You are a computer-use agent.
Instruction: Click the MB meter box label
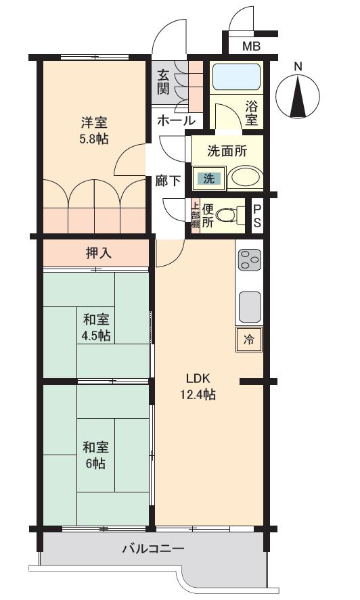click(x=251, y=47)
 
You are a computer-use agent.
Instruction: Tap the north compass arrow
click(x=298, y=98)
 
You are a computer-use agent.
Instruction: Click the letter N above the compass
click(x=298, y=66)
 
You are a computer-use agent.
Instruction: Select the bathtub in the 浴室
click(x=236, y=78)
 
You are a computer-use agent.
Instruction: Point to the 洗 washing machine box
click(x=208, y=179)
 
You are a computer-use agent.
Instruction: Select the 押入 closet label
click(x=98, y=254)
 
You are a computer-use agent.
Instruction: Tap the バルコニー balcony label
click(x=152, y=548)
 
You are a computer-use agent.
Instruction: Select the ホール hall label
click(x=176, y=121)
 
